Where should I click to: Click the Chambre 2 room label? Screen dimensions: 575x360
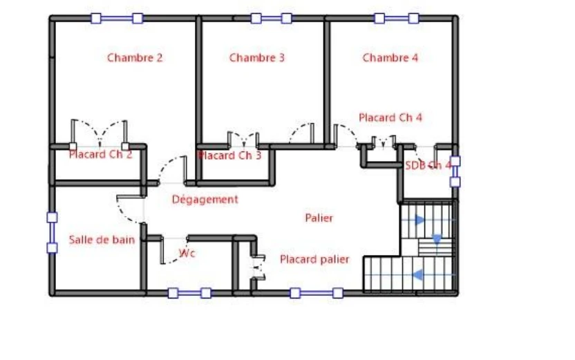click(135, 58)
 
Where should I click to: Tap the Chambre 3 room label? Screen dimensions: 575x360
click(256, 58)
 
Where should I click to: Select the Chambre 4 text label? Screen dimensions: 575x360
click(390, 58)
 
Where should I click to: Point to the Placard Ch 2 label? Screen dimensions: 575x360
click(100, 154)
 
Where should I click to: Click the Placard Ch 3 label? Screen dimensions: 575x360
click(230, 155)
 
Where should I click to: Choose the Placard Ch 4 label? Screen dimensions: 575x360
click(390, 117)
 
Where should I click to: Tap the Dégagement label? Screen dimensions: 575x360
click(205, 200)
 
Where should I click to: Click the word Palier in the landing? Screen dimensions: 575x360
click(319, 218)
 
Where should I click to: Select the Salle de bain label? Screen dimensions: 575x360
click(102, 240)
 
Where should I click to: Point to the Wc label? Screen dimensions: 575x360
click(187, 253)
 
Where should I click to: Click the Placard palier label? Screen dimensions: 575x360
click(314, 260)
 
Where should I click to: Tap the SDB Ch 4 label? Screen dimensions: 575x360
click(428, 166)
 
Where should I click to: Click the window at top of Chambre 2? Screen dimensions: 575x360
click(117, 19)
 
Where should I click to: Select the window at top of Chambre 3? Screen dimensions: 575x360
click(272, 19)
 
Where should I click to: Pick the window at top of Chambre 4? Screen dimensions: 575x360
click(397, 19)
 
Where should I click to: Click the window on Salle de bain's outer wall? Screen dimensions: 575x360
click(52, 233)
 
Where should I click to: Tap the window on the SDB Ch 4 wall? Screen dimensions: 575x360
click(455, 171)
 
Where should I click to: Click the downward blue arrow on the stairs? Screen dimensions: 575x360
click(437, 239)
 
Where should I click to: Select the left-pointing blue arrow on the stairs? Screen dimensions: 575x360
click(418, 274)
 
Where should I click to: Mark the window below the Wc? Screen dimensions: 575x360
click(189, 293)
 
